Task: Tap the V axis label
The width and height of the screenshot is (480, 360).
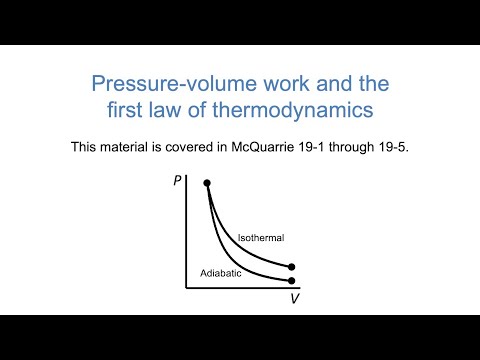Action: pos(294,298)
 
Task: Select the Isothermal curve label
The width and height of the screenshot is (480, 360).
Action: pos(261,237)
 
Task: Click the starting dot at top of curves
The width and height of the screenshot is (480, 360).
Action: pos(207,184)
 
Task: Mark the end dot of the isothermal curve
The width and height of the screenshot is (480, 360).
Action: pos(291,267)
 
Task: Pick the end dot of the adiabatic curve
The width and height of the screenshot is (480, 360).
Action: pos(291,280)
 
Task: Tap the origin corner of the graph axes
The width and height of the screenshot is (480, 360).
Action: pos(187,288)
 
